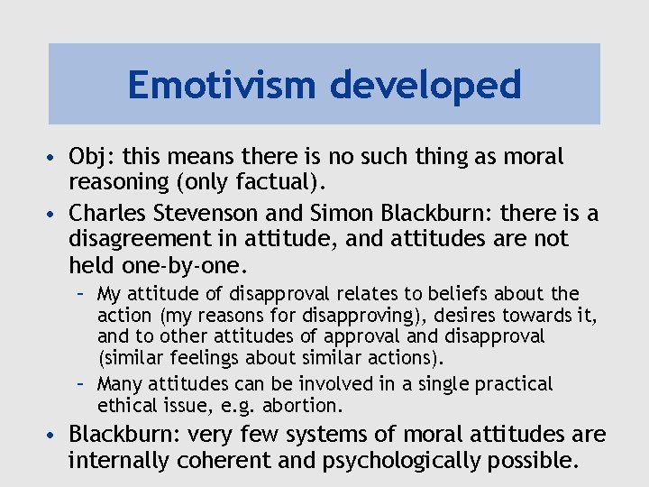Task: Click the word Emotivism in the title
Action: pos(223,86)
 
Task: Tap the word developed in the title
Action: pos(425,86)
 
